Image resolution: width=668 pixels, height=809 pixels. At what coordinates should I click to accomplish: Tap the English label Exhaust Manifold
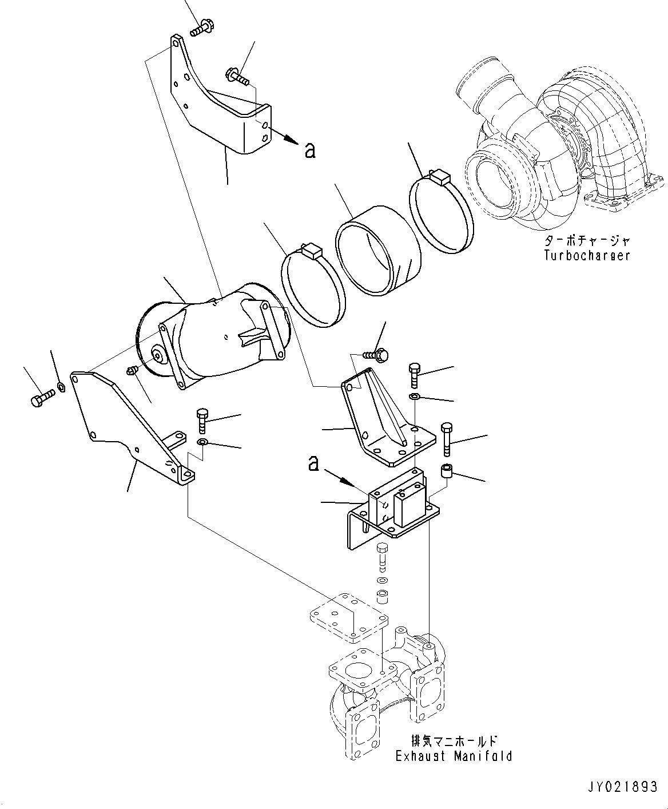(454, 756)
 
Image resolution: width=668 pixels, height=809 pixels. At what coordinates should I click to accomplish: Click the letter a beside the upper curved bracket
(309, 150)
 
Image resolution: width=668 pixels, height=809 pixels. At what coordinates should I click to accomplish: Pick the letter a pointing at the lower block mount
(313, 463)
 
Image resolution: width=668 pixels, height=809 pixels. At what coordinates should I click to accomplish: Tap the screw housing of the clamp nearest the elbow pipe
(312, 250)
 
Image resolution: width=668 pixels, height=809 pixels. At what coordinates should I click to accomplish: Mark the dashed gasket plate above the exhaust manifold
(348, 625)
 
